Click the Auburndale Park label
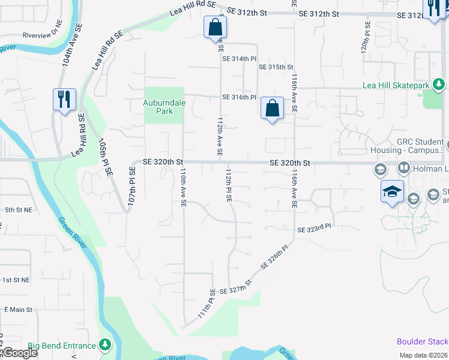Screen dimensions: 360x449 (x=164, y=107)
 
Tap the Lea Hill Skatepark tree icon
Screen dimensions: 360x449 (x=439, y=85)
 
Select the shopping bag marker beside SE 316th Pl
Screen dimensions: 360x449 (x=272, y=109)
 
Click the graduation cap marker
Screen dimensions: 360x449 (x=392, y=192)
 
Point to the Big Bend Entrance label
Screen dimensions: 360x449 (x=62, y=346)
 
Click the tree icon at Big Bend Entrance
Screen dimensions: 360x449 (x=106, y=345)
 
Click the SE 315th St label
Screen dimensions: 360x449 (x=276, y=67)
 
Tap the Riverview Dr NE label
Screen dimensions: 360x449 (x=42, y=35)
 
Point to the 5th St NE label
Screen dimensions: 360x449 (x=17, y=210)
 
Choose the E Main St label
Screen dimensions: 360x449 (x=17, y=309)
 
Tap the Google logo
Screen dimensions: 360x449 (x=20, y=353)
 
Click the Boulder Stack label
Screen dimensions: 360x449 (x=422, y=341)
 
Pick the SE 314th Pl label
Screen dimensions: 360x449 (x=240, y=59)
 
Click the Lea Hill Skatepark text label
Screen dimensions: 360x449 (x=396, y=85)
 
